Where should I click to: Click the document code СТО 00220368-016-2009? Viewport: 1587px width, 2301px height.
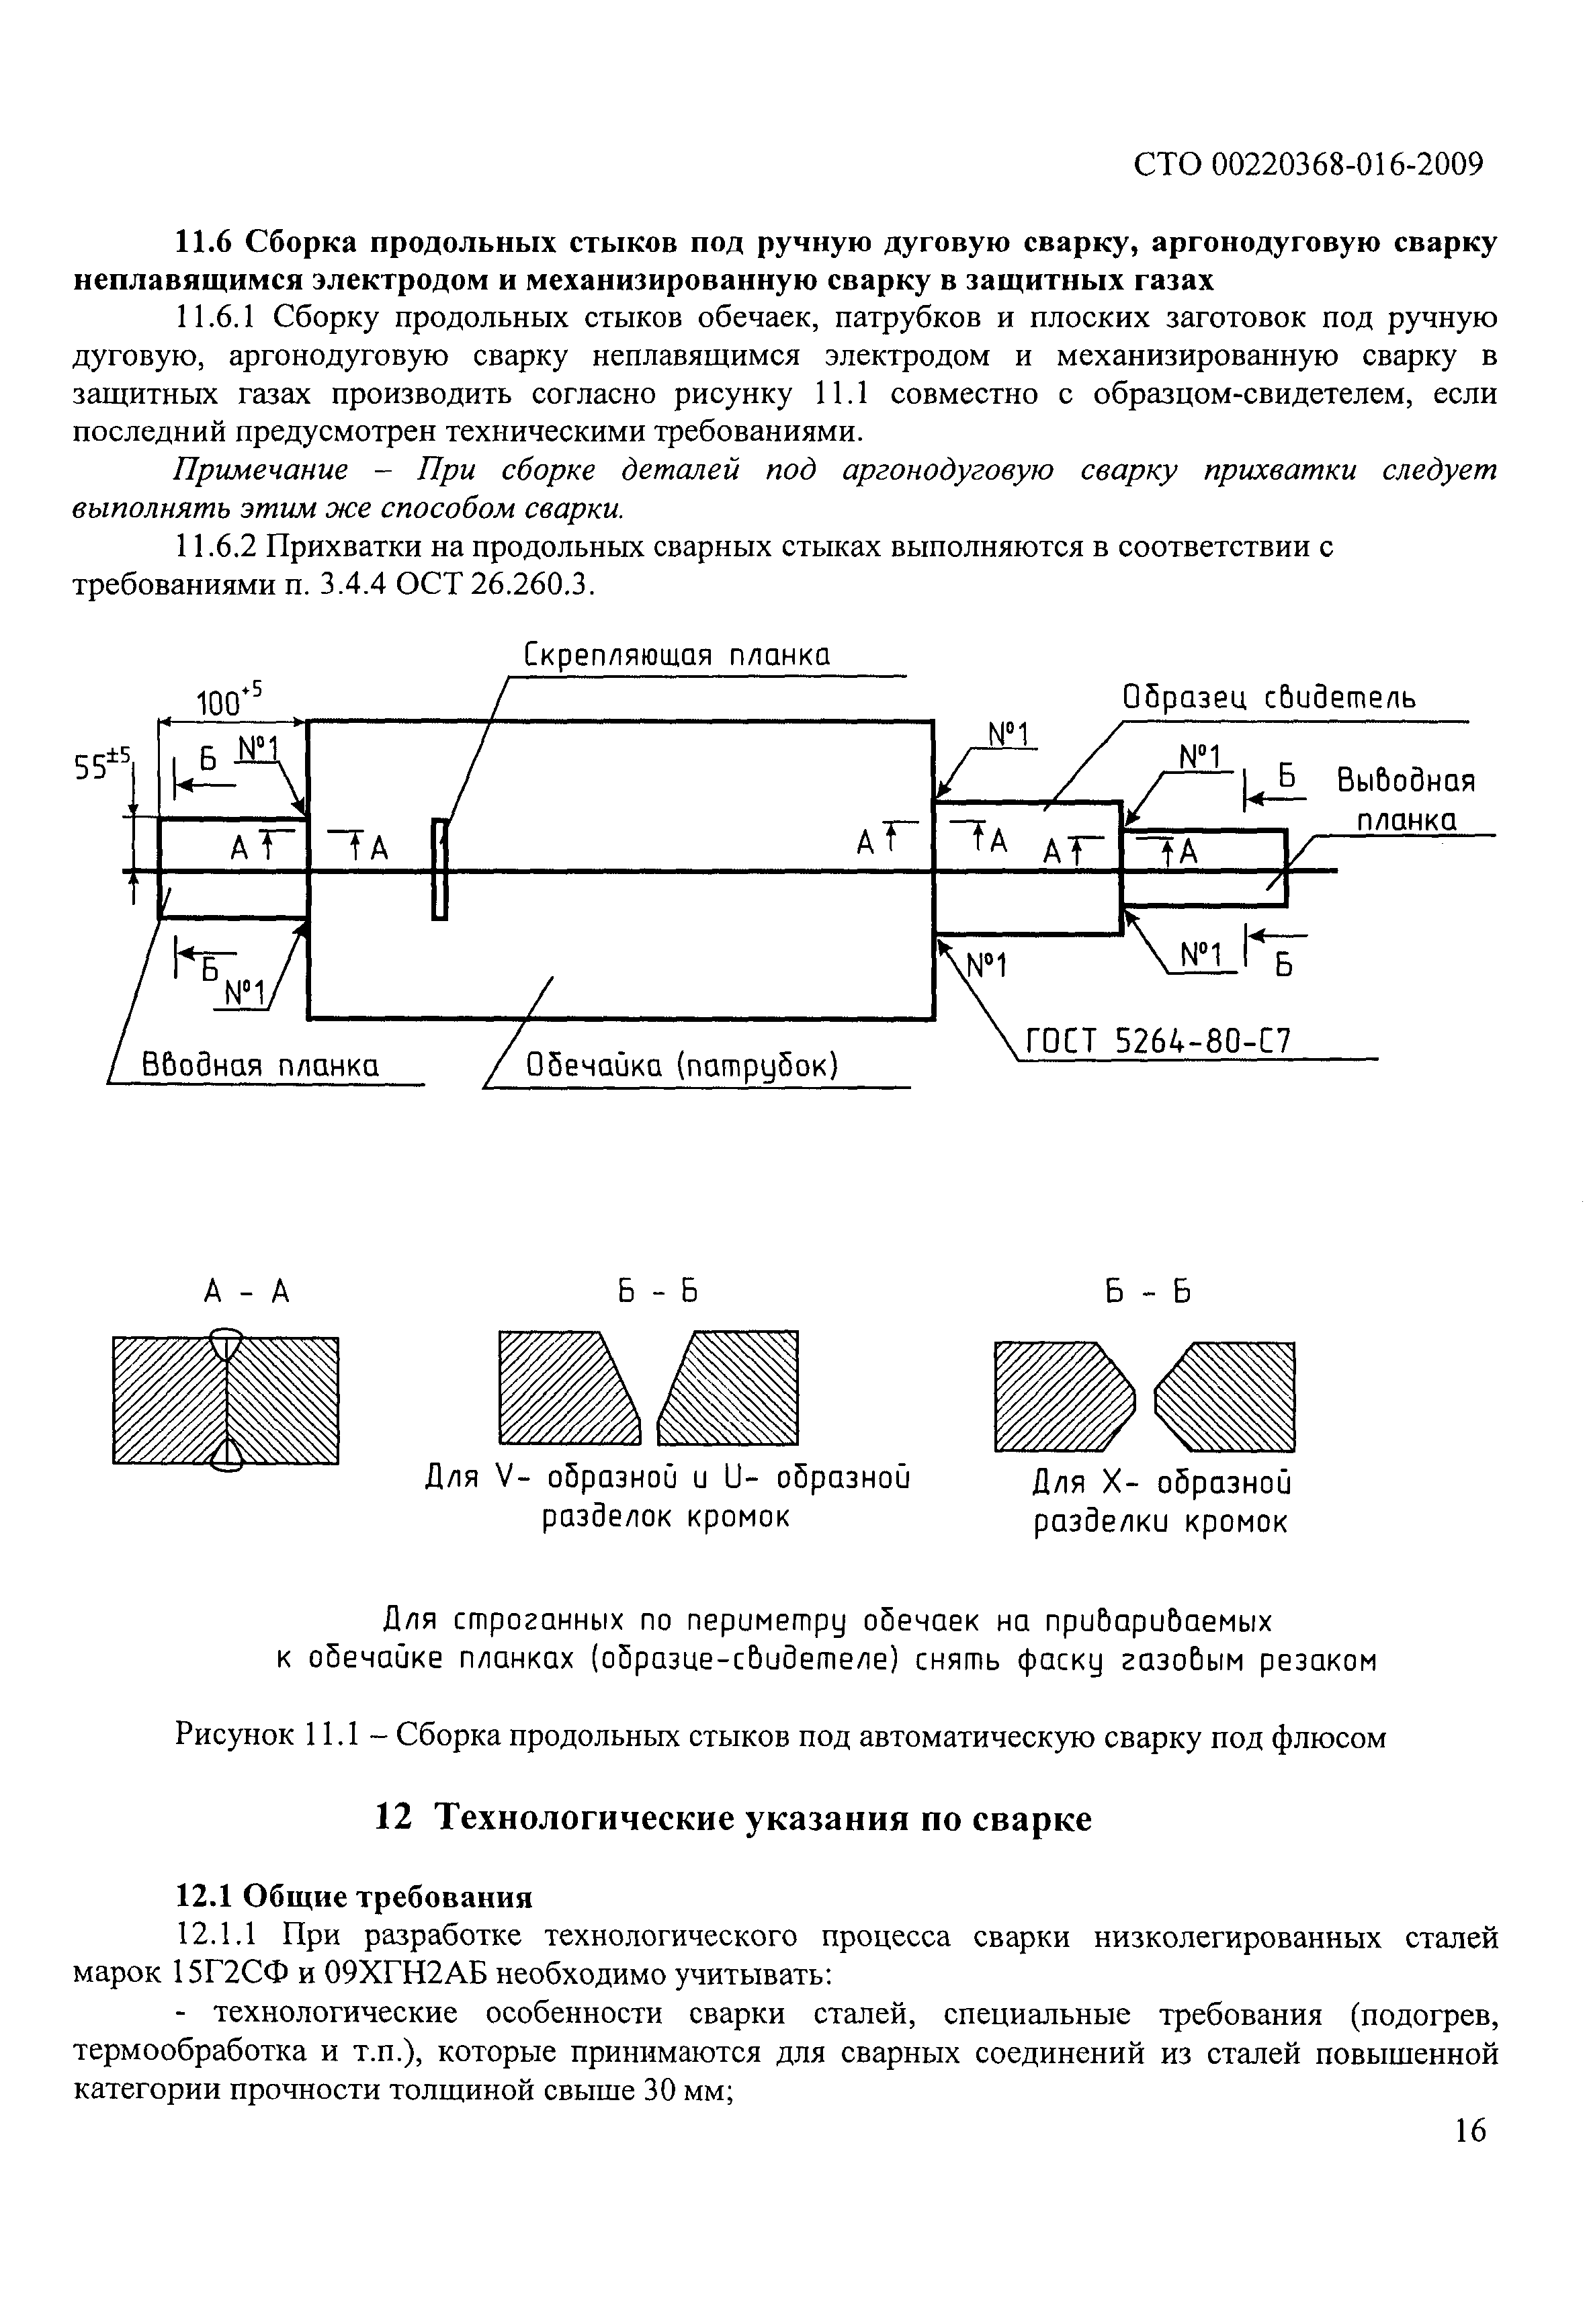pyautogui.click(x=1307, y=164)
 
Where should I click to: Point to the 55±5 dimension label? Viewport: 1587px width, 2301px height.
pyautogui.click(x=102, y=767)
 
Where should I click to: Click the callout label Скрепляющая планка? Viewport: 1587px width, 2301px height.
pyautogui.click(x=676, y=656)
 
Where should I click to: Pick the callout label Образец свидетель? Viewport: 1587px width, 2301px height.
pyautogui.click(x=1268, y=698)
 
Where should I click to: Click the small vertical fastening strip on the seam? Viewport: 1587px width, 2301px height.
pyautogui.click(x=439, y=868)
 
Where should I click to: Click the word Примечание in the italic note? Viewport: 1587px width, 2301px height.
pyautogui.click(x=261, y=470)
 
